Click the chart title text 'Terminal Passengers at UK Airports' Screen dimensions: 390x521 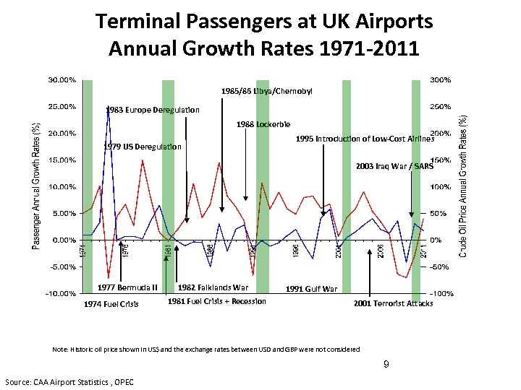(264, 22)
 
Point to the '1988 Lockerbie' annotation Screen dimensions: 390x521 (263, 124)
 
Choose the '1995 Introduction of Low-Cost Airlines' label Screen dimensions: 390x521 (365, 139)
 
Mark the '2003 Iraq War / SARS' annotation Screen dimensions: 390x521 (394, 166)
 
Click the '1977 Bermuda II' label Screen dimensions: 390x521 (127, 287)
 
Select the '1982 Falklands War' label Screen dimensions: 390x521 (213, 287)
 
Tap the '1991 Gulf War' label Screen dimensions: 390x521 (311, 289)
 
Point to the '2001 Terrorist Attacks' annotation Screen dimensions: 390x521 (393, 304)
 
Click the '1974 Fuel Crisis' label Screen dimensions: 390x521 (112, 304)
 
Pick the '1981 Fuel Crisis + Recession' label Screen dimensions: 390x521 (216, 301)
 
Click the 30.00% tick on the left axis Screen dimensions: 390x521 (62, 79)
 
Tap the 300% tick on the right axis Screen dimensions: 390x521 (440, 79)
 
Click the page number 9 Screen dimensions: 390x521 (387, 364)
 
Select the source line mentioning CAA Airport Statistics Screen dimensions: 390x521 (74, 381)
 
